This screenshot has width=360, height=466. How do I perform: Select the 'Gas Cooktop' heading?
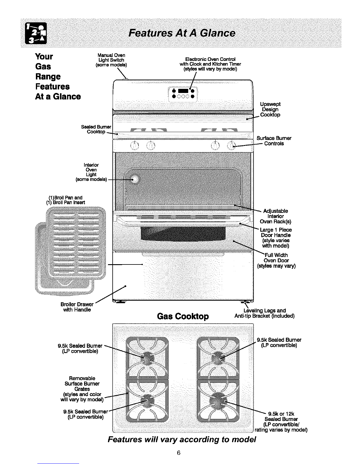[x=183, y=316]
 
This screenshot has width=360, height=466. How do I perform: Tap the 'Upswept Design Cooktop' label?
[x=270, y=109]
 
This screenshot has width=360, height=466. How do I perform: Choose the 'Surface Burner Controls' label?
[x=274, y=141]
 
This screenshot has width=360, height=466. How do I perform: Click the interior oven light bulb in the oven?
[x=134, y=180]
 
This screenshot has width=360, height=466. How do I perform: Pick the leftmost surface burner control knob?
[x=134, y=145]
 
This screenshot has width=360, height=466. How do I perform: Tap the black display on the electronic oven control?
[x=183, y=90]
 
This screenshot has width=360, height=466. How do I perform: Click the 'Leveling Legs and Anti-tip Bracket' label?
[x=264, y=313]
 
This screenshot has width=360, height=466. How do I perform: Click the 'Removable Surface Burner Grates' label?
[x=82, y=389]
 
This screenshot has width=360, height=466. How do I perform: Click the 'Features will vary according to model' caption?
[x=182, y=440]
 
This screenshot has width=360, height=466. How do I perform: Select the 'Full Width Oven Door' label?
[x=276, y=260]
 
